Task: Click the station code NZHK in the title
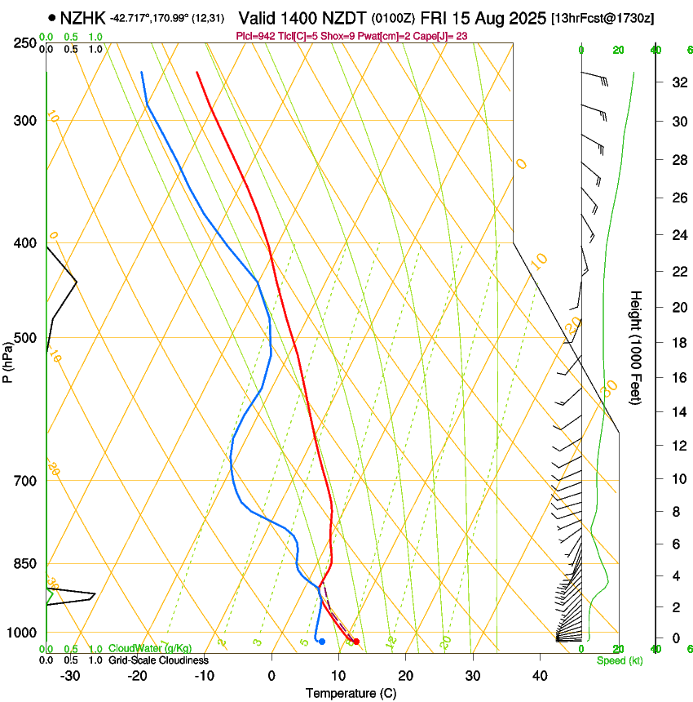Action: tap(83, 17)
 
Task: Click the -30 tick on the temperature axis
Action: tap(70, 676)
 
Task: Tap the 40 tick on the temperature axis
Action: tap(539, 676)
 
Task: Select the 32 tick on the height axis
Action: tap(677, 82)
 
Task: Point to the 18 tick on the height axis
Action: tap(677, 343)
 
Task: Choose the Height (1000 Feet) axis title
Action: tap(636, 347)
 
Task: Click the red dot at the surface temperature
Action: tap(355, 642)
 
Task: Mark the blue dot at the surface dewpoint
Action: tap(322, 642)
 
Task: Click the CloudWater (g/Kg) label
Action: tap(150, 649)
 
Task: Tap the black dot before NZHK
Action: tap(52, 17)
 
